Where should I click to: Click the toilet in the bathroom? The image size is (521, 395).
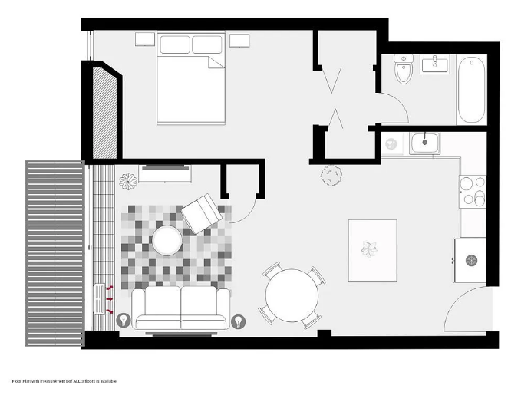pos(404,69)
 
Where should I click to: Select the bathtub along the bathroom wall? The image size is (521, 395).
pos(471,90)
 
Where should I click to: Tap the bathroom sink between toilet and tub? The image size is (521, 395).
pos(435,64)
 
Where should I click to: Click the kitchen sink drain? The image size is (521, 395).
pos(424,142)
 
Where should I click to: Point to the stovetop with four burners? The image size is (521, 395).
pos(473,192)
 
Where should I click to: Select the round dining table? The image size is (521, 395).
pos(292,295)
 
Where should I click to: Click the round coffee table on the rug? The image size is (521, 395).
pos(167,240)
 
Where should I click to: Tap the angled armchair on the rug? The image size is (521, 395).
pos(202,214)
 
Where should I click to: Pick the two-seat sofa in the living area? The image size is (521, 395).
pos(181,308)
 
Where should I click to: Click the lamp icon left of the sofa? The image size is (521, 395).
pos(124,320)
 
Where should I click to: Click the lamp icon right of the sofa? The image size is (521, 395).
pos(238,321)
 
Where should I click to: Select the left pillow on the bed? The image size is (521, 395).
pos(175,44)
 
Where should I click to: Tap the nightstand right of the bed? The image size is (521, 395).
pos(239,41)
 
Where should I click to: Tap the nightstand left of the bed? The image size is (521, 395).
pos(145,39)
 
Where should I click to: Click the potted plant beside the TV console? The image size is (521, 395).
pos(128,181)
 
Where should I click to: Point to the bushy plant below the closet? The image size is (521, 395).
pos(331,175)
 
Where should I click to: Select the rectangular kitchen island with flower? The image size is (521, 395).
pos(372,251)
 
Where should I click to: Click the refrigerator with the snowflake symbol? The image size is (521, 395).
pos(470,261)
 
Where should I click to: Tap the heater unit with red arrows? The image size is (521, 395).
pos(100,298)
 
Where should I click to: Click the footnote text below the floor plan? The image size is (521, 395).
pos(64,381)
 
